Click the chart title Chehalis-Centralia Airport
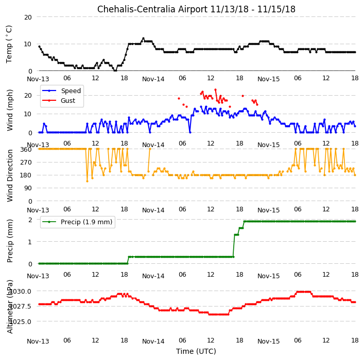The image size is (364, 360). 152,9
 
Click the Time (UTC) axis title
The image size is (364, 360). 196,351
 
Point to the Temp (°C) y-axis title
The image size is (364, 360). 9,44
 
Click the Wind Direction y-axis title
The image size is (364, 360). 10,175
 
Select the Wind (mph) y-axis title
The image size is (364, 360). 10,111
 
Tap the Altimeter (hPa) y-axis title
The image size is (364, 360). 10,307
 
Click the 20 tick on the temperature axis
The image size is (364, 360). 28,17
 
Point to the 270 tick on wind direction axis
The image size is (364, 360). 26,162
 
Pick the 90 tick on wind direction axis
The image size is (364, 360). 28,188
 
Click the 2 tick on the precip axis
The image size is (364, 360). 30,220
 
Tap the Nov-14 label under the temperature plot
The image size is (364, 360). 153,79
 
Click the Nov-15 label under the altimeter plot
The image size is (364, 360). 269,341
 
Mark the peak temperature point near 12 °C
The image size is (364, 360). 143,39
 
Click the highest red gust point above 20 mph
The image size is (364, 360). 215,89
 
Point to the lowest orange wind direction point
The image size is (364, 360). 88,181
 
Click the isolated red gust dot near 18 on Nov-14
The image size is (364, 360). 242,96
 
